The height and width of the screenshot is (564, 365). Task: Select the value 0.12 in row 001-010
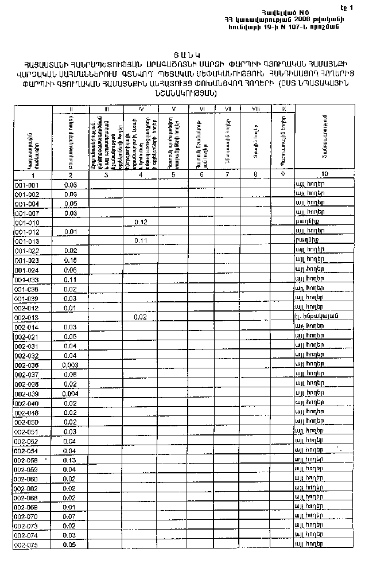[141, 222]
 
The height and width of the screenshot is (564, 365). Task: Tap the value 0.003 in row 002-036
[71, 365]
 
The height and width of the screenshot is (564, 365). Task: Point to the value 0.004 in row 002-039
[71, 394]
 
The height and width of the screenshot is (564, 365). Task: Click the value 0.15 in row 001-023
[71, 260]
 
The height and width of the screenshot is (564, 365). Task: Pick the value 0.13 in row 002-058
[71, 460]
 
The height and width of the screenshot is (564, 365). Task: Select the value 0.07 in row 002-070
[71, 516]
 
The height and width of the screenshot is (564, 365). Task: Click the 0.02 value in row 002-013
[141, 317]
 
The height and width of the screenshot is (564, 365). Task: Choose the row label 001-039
[27, 298]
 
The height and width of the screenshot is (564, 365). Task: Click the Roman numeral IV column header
[141, 108]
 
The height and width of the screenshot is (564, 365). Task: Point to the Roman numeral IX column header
[282, 108]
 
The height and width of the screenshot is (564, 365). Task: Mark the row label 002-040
[27, 403]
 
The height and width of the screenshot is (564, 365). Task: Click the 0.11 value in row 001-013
[141, 241]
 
